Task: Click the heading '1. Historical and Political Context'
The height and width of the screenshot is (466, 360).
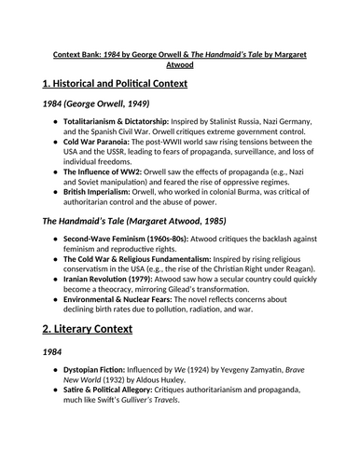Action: pos(115,84)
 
